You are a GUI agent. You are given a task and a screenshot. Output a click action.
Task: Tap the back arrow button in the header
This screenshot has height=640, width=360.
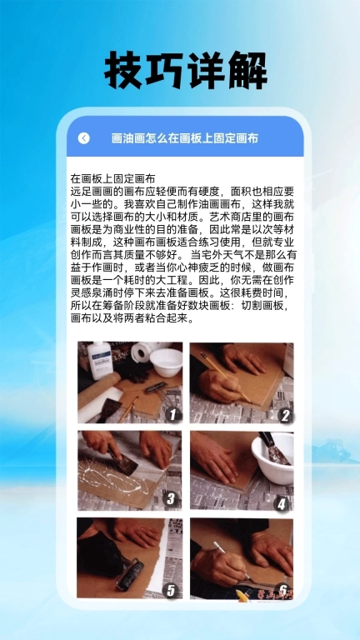click(83, 138)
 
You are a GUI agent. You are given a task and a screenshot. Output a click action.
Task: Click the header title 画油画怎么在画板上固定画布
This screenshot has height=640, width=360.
click(185, 138)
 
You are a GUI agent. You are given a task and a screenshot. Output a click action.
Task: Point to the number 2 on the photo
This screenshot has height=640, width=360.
click(285, 414)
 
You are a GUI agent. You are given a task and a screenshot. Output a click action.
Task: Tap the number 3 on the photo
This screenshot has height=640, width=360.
click(170, 499)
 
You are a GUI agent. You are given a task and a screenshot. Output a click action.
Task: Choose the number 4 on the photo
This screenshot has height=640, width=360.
click(282, 502)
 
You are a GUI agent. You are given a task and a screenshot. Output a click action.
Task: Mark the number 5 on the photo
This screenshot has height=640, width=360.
click(170, 590)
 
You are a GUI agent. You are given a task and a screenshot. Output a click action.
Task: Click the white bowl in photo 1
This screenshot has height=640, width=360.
click(165, 361)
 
